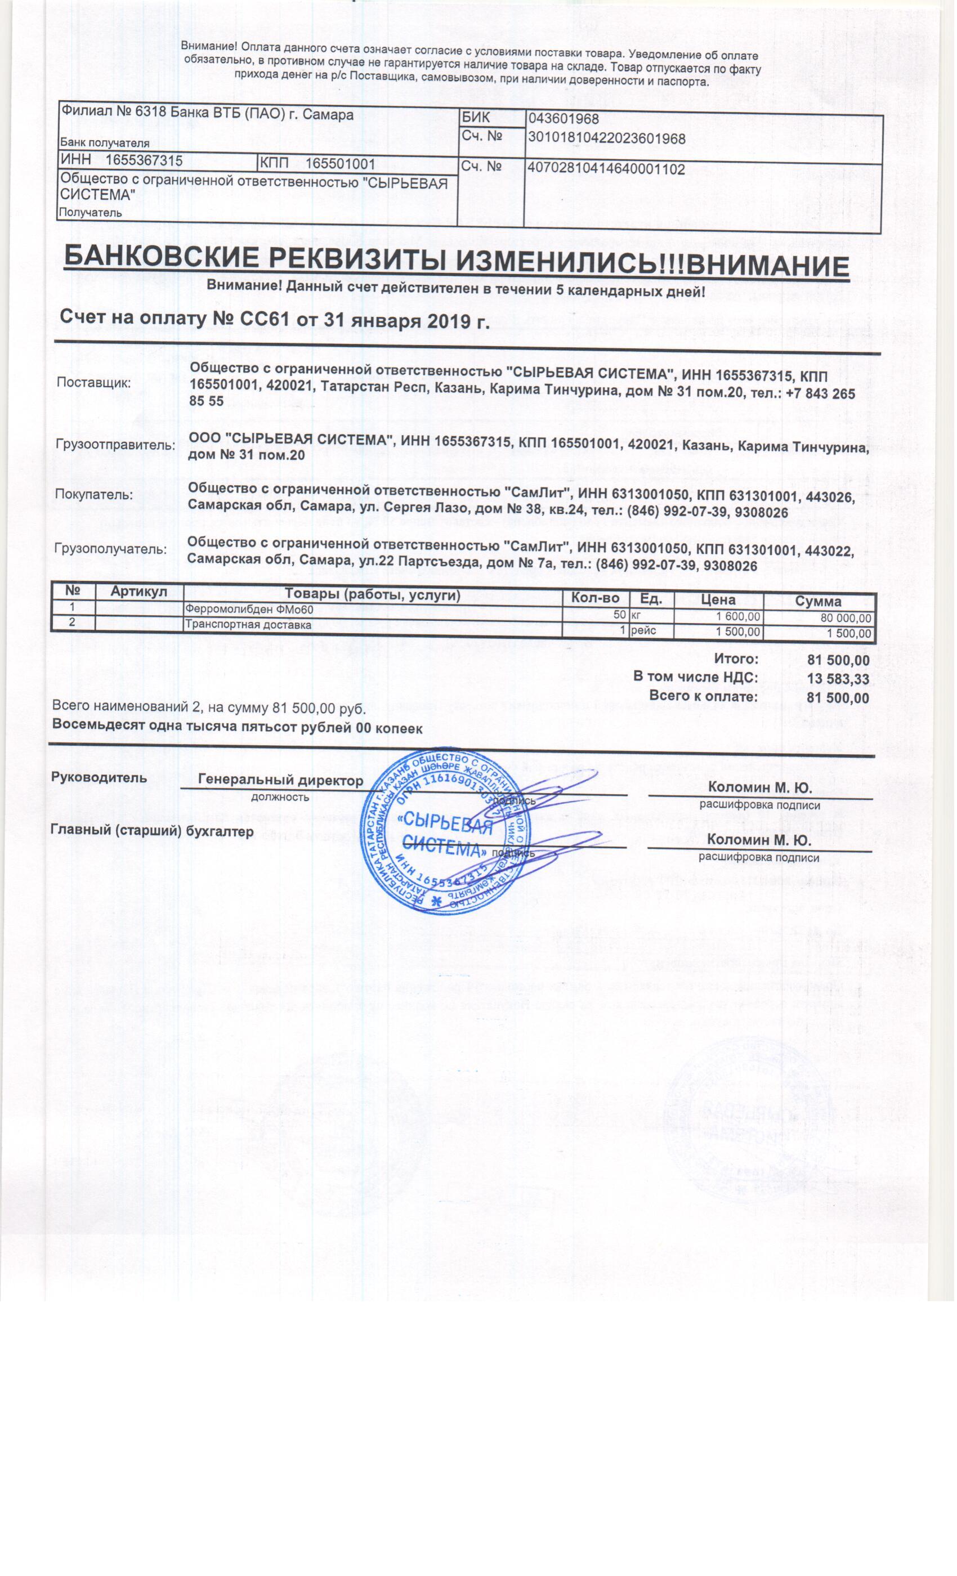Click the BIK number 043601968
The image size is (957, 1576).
564,119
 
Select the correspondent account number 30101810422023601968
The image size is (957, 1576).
606,139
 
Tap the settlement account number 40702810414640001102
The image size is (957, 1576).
606,169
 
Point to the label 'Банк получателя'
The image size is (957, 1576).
104,144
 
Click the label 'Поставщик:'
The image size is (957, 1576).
93,383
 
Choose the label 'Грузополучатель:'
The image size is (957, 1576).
111,549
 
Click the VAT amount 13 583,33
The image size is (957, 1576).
838,679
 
